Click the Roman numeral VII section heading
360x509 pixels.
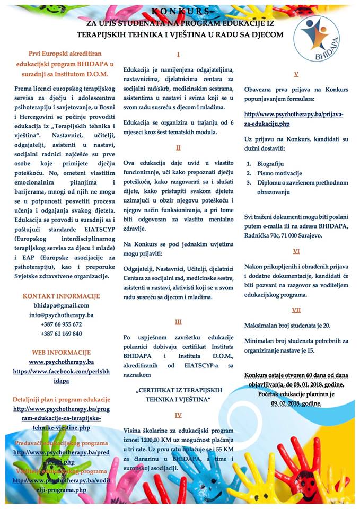pyautogui.click(x=296, y=310)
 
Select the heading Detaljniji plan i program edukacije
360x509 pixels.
pyautogui.click(x=62, y=399)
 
